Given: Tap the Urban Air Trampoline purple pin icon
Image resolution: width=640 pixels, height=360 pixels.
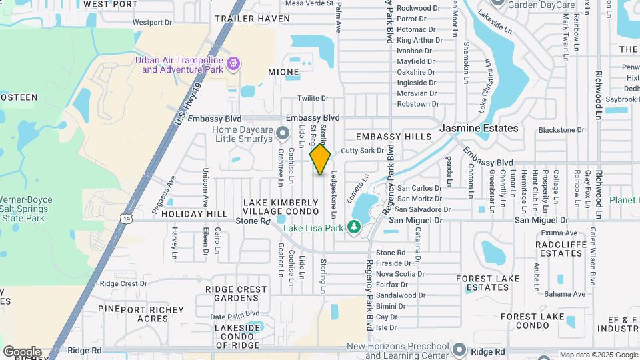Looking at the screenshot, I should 233,64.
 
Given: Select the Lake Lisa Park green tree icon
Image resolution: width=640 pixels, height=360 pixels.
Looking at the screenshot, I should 353,228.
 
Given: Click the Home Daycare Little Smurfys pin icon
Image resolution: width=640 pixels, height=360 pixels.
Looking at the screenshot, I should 283,134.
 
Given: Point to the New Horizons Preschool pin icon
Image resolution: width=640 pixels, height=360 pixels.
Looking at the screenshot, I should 459,349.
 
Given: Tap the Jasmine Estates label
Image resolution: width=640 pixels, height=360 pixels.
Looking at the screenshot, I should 479,128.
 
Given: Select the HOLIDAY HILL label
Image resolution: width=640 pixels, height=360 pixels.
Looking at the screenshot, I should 194,214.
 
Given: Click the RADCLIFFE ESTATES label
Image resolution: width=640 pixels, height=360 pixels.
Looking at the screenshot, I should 559,249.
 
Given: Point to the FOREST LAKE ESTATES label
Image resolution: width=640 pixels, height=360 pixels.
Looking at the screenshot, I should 483,283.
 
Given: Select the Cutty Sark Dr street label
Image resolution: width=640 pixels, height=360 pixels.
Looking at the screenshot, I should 363,151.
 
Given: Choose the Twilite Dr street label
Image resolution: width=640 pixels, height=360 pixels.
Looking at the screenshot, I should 313,98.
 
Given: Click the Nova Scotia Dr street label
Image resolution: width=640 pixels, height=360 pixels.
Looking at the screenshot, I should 401,274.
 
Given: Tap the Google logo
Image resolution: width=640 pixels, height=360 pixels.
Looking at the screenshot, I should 22,352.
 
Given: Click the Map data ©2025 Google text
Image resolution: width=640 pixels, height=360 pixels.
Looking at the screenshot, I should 598,355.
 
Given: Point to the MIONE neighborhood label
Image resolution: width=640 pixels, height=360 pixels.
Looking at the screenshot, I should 283,71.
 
